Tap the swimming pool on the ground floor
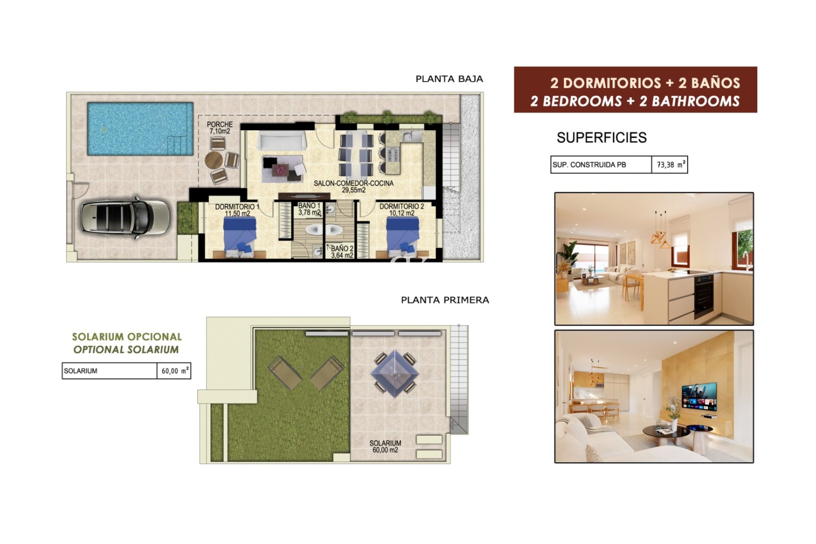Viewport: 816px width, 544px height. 140,129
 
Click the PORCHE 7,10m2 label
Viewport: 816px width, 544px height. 220,127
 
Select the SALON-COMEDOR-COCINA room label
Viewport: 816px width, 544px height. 354,187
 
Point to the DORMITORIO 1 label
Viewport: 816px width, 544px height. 237,210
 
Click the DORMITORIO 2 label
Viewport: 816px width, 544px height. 402,210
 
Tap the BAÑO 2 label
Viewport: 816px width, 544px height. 342,252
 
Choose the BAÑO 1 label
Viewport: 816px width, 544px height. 309,209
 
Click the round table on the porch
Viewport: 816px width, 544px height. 214,160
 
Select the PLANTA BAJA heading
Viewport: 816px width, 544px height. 449,79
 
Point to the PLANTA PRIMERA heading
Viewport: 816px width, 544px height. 445,300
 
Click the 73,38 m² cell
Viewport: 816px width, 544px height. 670,164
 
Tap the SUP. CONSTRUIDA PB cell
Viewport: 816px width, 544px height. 601,164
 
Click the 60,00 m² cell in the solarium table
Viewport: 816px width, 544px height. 174,371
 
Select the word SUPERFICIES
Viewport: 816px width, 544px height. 601,138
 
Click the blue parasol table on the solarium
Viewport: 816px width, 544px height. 395,374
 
